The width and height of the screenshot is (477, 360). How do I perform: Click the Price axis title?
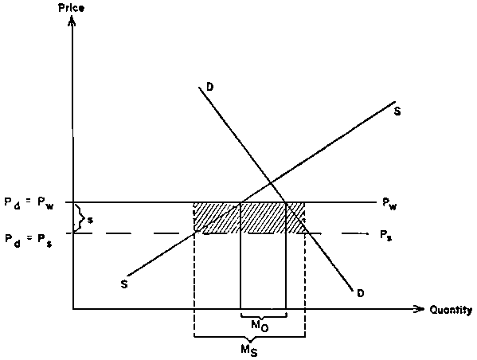pos(71,8)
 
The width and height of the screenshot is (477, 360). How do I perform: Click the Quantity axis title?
pos(451,310)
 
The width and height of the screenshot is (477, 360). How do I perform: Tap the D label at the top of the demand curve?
pos(210,87)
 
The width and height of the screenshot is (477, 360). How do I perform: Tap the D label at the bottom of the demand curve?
pos(360,293)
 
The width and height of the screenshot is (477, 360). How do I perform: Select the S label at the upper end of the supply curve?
pos(397,112)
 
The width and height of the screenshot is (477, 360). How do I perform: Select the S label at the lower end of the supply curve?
pos(123,284)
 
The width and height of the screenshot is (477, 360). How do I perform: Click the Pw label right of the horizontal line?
pos(389,204)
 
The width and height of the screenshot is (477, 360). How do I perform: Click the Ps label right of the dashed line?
pos(385,235)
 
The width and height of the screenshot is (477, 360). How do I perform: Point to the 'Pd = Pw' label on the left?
pos(29,203)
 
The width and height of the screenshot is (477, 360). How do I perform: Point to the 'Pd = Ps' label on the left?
pos(29,239)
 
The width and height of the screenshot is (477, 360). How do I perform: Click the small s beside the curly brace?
pos(90,220)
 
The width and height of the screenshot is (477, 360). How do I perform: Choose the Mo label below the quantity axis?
pos(260,326)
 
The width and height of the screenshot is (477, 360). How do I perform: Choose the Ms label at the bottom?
pos(249,350)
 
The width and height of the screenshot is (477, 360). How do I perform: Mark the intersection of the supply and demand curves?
pos(271,183)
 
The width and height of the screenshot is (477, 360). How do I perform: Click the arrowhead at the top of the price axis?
pos(72,19)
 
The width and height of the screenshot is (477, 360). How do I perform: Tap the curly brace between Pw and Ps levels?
pos(79,218)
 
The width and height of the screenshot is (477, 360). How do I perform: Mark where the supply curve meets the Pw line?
pos(241,202)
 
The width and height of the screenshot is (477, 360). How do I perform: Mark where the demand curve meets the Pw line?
pos(286,202)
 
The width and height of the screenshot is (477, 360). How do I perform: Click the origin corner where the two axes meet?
pos(73,309)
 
